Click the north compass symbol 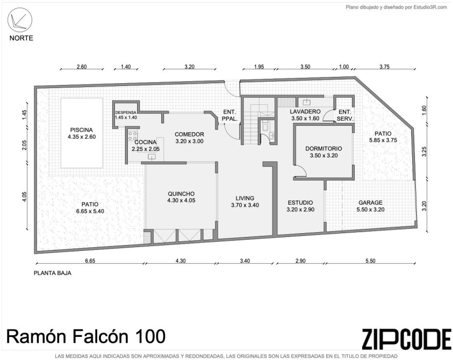point(20,20)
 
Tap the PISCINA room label point(82,129)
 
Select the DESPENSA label point(126,112)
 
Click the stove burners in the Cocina point(133,136)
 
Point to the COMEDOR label point(189,134)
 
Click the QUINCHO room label point(181,194)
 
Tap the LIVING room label point(245,198)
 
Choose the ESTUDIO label point(300,203)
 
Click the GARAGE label point(370,203)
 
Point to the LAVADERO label point(305,112)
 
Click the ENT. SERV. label point(345,116)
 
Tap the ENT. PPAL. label point(230,116)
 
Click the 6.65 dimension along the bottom point(90,261)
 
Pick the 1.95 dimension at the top point(259,67)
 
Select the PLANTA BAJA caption point(53,273)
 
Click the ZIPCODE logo point(406,339)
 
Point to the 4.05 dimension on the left point(24,197)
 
